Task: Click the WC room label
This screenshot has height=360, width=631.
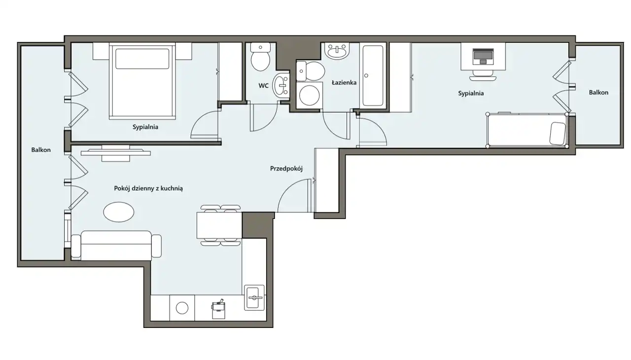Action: pyautogui.click(x=263, y=86)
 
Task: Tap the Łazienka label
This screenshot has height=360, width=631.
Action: pyautogui.click(x=344, y=82)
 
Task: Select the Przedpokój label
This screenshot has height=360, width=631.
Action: pyautogui.click(x=286, y=169)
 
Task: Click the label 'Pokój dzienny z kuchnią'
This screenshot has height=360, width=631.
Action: pyautogui.click(x=148, y=188)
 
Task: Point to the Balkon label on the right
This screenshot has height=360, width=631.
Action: pyautogui.click(x=598, y=92)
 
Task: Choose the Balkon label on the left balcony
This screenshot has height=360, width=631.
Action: pyautogui.click(x=41, y=150)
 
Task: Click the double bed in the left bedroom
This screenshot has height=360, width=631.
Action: pyautogui.click(x=142, y=81)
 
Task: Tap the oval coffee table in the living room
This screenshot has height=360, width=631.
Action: pyautogui.click(x=119, y=212)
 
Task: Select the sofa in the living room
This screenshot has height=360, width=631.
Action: pyautogui.click(x=116, y=245)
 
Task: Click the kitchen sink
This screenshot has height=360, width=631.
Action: pyautogui.click(x=254, y=297)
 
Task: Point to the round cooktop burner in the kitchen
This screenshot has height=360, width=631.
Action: pyautogui.click(x=182, y=308)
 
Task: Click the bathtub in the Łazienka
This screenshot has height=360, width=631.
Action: pyautogui.click(x=373, y=76)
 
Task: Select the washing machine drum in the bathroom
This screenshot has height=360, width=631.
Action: pyautogui.click(x=309, y=95)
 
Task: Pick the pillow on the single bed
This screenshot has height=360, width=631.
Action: pyautogui.click(x=558, y=134)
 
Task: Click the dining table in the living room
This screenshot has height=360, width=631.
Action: pyautogui.click(x=219, y=225)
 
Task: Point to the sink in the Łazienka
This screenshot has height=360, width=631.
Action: pyautogui.click(x=337, y=51)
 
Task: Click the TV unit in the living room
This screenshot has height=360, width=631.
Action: pyautogui.click(x=116, y=153)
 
